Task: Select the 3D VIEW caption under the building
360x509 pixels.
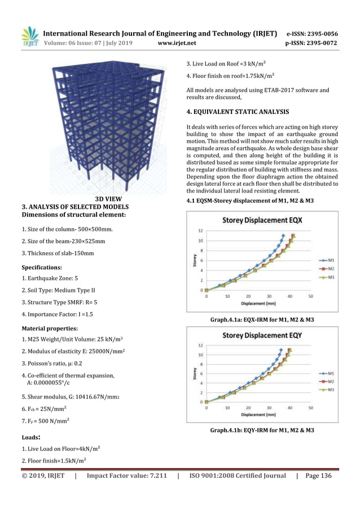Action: click(x=107, y=199)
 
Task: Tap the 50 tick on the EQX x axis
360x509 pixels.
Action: click(x=310, y=295)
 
